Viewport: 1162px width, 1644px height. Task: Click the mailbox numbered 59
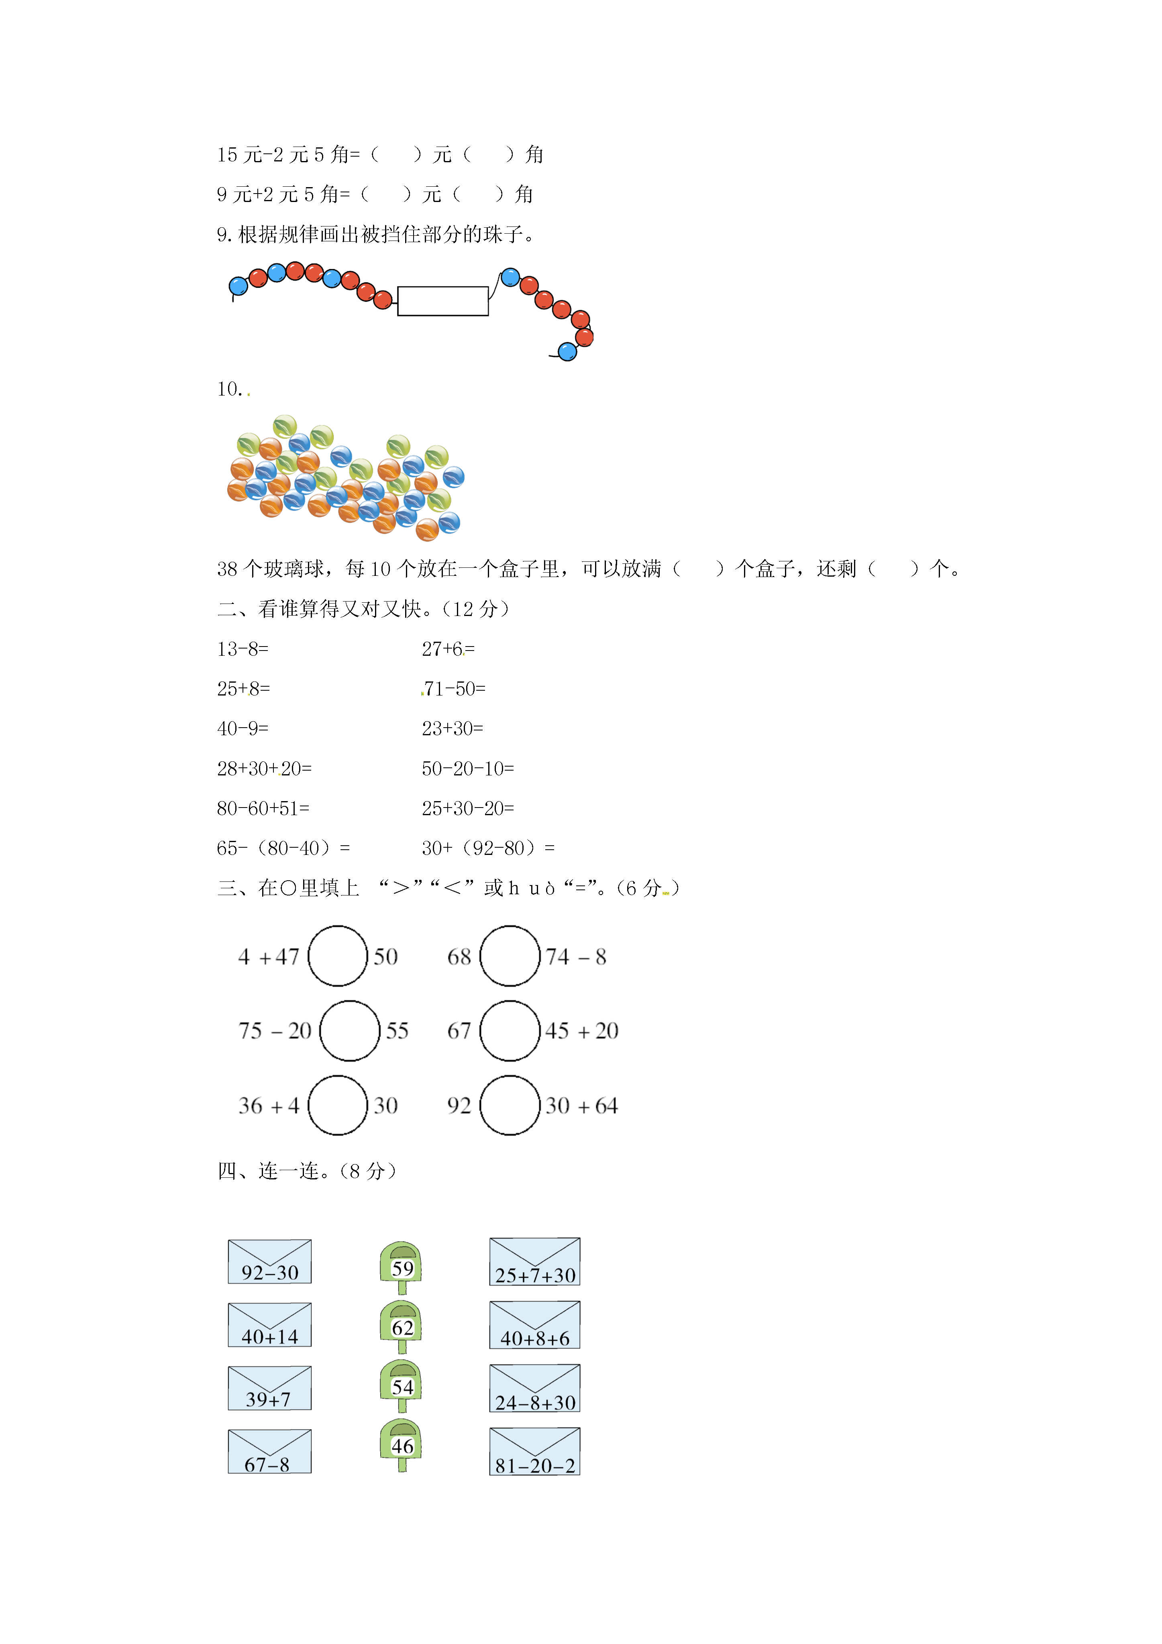[401, 1267]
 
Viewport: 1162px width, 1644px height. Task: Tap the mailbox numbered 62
[401, 1327]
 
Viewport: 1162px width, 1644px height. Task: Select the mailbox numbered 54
[401, 1386]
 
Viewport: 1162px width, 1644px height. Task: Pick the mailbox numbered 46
[401, 1445]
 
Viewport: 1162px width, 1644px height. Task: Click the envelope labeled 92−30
[269, 1262]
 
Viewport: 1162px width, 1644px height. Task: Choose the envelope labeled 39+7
[269, 1388]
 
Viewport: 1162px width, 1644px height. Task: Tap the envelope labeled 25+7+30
[535, 1262]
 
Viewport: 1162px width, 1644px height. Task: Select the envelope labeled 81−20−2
[535, 1451]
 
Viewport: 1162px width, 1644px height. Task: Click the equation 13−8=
[243, 649]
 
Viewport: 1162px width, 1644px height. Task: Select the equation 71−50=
[454, 689]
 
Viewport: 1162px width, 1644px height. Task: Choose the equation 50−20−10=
[467, 768]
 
